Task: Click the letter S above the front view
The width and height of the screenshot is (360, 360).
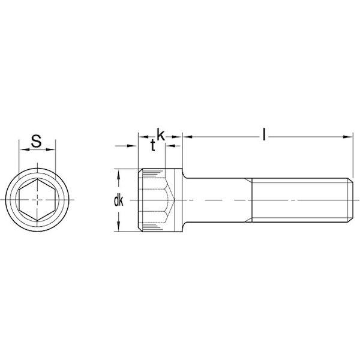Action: click(36, 142)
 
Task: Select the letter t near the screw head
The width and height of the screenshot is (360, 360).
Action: click(154, 146)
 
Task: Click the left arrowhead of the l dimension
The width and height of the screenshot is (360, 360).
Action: click(187, 137)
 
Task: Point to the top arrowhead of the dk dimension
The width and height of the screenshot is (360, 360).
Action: click(119, 173)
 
